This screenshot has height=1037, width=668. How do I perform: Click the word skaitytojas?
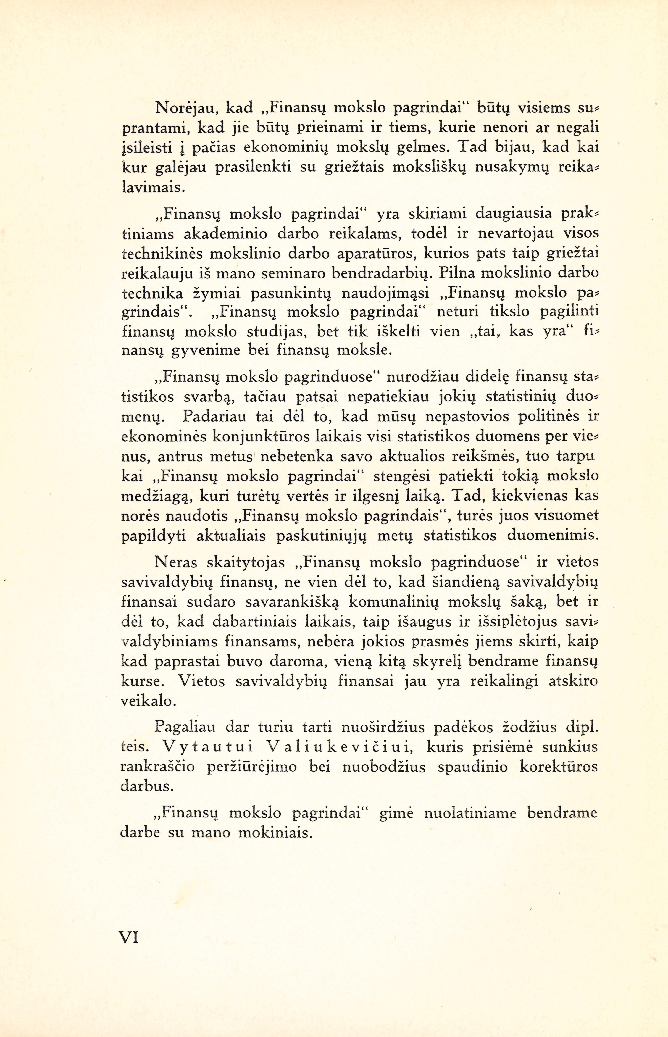(246, 563)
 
